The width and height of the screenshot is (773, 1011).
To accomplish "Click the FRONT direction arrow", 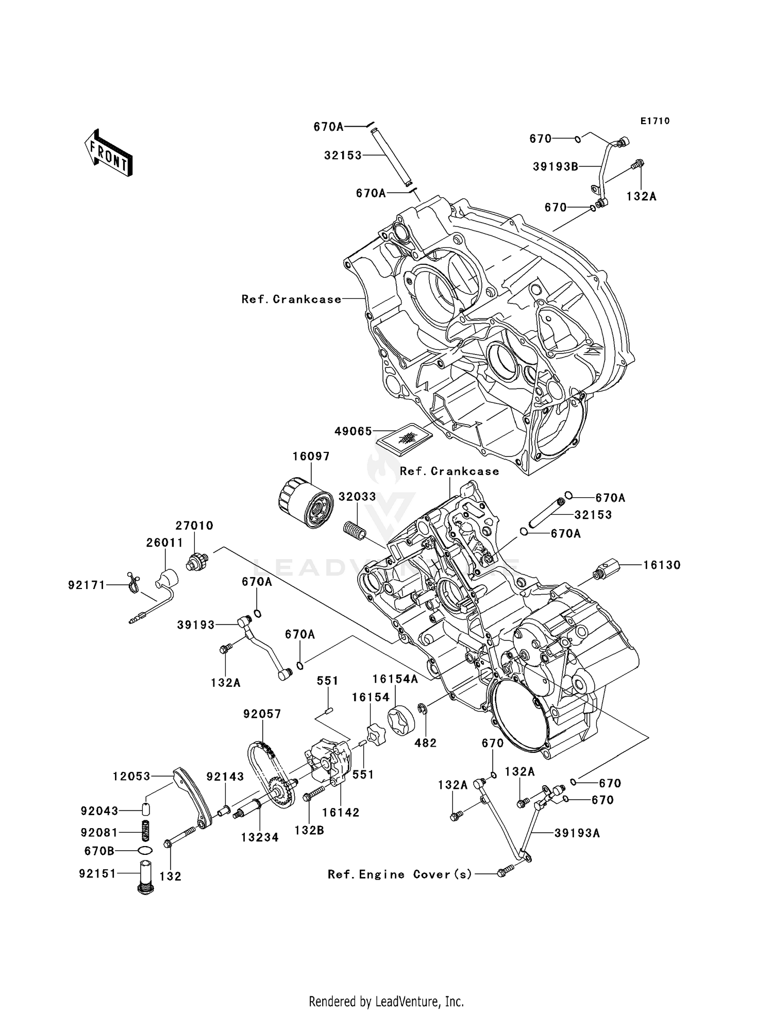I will [x=109, y=153].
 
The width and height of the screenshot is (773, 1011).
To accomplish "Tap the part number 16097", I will [x=311, y=457].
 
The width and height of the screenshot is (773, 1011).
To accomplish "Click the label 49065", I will [x=353, y=431].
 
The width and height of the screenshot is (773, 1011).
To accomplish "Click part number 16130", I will [x=662, y=565].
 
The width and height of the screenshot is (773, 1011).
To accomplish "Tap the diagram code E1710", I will [x=655, y=121].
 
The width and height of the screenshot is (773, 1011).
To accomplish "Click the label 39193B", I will [x=555, y=166].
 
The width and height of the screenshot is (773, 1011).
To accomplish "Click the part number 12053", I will [x=132, y=776].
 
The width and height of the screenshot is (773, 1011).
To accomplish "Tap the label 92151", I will [x=98, y=873].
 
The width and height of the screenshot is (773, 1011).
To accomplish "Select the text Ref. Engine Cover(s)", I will [x=400, y=874].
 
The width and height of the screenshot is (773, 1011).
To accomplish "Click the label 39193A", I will [x=577, y=833].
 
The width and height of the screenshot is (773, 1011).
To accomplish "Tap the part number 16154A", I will [x=395, y=680].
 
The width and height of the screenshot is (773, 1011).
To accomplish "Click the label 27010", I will [x=194, y=526].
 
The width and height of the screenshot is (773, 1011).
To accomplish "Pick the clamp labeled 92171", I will [x=132, y=584].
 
